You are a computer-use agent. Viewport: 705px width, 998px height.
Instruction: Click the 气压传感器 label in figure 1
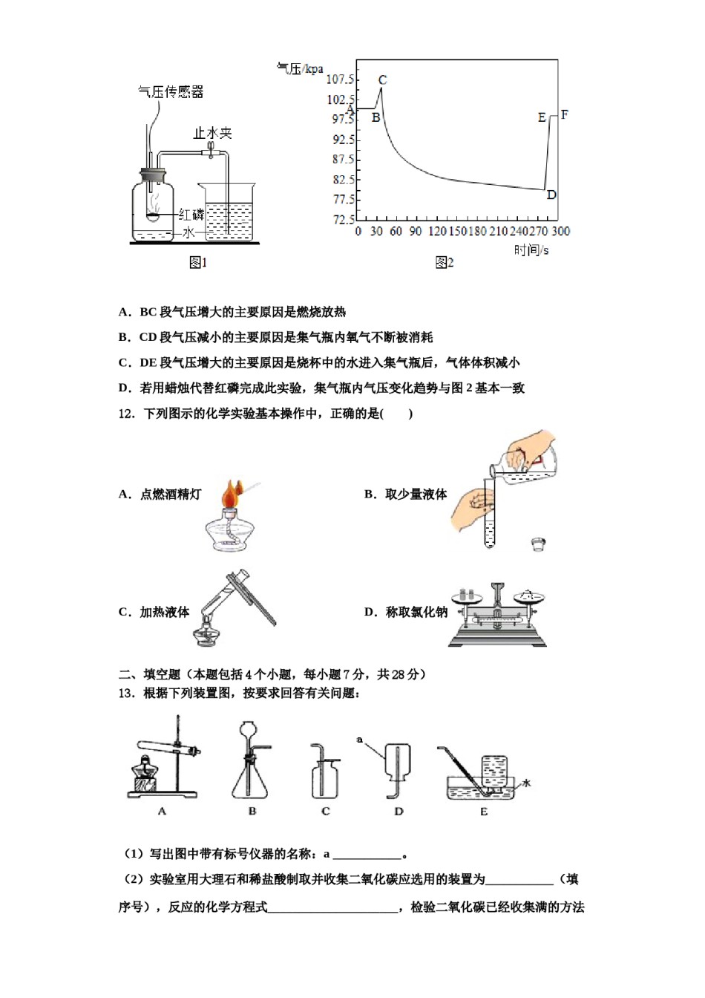click(171, 92)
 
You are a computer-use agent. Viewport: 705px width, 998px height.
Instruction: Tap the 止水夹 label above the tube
click(212, 133)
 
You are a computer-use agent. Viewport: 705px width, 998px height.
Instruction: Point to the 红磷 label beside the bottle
click(191, 215)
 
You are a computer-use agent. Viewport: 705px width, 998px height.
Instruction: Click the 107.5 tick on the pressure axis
click(341, 79)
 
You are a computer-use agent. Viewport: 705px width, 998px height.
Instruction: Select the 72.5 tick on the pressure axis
click(343, 220)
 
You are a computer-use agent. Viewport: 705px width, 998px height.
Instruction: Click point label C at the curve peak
click(383, 80)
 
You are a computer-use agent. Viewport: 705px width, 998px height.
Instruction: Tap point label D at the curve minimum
click(551, 195)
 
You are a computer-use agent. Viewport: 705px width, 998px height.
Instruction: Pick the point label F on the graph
click(565, 114)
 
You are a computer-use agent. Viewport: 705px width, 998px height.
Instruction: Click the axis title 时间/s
click(531, 250)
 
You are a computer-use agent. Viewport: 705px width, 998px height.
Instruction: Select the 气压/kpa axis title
click(300, 68)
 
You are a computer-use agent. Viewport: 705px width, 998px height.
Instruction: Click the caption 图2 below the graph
click(444, 262)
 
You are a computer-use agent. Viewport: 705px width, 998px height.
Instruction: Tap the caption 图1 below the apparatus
click(198, 262)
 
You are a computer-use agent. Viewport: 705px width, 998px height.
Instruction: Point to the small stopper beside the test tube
click(539, 544)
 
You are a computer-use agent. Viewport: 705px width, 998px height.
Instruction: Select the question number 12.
click(126, 414)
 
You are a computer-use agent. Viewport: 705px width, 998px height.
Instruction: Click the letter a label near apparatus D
click(360, 740)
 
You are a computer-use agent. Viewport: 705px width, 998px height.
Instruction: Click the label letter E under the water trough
click(484, 812)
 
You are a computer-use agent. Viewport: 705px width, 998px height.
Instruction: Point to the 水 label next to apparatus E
click(527, 783)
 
